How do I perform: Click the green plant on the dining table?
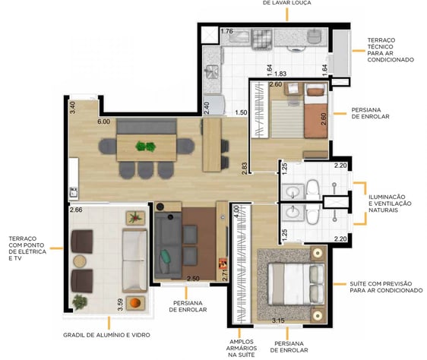click(146, 147)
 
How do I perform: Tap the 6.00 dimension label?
click(104, 122)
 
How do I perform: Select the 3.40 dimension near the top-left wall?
click(72, 108)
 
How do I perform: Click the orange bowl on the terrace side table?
click(135, 302)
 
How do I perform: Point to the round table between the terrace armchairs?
click(80, 261)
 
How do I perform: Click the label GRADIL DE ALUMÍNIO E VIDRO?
click(106, 335)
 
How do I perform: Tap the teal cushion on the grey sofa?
click(166, 257)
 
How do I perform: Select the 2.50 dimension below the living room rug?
click(193, 279)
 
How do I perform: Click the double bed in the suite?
click(296, 284)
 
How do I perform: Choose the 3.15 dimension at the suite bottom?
click(278, 321)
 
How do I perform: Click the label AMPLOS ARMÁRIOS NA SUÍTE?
click(242, 349)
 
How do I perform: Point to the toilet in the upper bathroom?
click(313, 190)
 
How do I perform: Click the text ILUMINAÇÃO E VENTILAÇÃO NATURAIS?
click(390, 204)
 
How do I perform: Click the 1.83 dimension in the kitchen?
click(280, 74)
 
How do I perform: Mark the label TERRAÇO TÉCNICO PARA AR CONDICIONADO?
click(391, 50)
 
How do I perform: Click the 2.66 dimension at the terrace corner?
click(76, 210)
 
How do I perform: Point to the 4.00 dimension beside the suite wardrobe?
click(236, 211)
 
